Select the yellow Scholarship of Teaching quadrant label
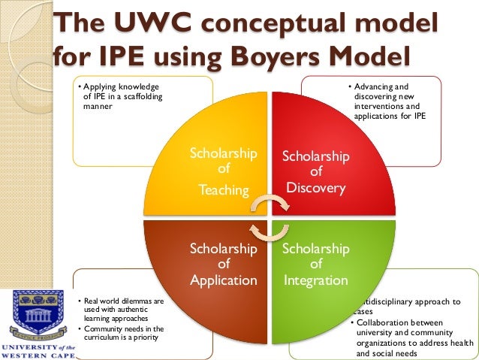pyautogui.click(x=223, y=171)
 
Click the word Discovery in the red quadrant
pyautogui.click(x=315, y=188)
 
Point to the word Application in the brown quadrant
pyautogui.click(x=224, y=280)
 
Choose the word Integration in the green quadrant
pyautogui.click(x=315, y=280)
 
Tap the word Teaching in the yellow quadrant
pyautogui.click(x=223, y=190)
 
